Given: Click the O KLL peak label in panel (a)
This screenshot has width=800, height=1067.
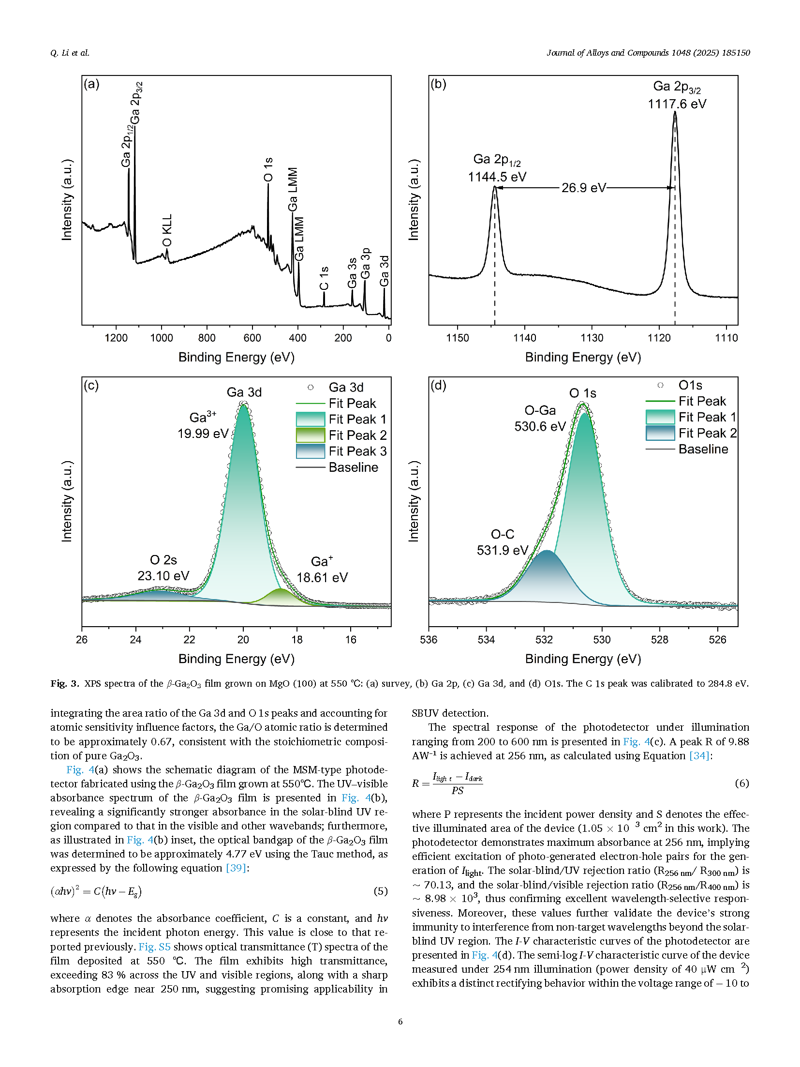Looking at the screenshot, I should point(167,230).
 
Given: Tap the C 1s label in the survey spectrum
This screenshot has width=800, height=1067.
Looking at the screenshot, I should point(324,278).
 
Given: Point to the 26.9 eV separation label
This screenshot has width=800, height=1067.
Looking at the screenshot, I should point(583,188).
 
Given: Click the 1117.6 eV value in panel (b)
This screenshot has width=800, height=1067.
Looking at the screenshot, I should point(677,104).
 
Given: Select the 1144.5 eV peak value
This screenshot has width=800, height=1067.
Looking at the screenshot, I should point(497,177).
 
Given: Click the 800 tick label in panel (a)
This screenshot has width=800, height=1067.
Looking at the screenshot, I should point(207,338).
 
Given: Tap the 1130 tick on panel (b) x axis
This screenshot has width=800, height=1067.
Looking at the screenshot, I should point(592,338).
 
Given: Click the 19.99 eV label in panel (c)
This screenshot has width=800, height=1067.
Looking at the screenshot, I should point(203,434).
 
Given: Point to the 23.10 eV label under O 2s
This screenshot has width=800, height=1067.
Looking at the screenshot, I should point(163,576).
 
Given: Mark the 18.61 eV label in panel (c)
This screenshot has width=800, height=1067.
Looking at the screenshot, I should point(322,577).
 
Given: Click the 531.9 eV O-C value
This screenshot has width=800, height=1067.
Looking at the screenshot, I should point(502,550).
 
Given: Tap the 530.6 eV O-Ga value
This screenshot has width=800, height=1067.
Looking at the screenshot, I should point(540,426).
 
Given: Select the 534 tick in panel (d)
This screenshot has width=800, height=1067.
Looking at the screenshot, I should point(486,640).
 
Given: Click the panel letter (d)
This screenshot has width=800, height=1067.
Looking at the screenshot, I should point(438,386).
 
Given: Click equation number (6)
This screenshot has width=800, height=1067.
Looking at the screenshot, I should point(741,783).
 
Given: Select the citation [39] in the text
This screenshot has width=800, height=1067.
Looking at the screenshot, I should point(237,868).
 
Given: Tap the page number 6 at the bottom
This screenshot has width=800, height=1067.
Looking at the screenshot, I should point(400,1022).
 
